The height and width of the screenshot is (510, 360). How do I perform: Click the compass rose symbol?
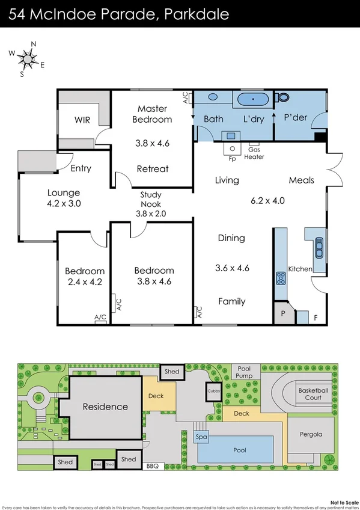click(x=26, y=58)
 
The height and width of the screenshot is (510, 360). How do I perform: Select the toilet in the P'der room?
click(x=283, y=97)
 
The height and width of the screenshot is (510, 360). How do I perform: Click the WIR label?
click(x=82, y=120)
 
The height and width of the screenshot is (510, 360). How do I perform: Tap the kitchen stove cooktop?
click(x=281, y=278)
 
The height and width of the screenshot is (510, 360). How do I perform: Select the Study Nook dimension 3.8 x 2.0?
click(x=153, y=213)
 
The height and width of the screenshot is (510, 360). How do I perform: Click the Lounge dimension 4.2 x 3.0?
click(x=64, y=203)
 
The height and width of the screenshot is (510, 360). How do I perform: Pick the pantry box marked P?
click(x=282, y=314)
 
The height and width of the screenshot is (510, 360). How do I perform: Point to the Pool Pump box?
click(x=244, y=372)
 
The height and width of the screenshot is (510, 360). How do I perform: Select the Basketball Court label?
click(x=313, y=394)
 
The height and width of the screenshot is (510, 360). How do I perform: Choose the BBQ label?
click(x=152, y=465)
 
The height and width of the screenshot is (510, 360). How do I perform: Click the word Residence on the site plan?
click(x=105, y=407)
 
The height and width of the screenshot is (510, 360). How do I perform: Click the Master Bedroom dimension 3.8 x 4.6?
click(x=153, y=144)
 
